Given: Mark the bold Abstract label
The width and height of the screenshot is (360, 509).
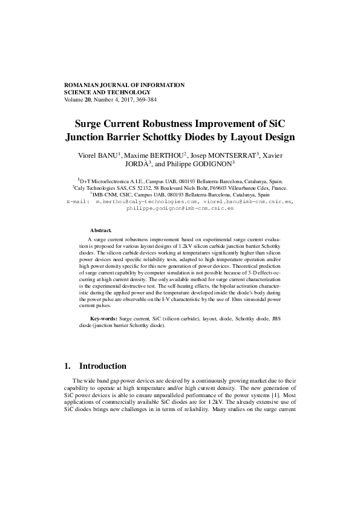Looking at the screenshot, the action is point(100,230).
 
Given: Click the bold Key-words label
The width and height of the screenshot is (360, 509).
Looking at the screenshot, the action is point(104,318).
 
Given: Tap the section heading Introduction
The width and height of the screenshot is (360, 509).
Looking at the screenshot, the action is point(103,366).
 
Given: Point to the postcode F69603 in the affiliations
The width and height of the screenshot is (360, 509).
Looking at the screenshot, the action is point(228,189).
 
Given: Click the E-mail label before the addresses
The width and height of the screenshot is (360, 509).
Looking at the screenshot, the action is point(76,201).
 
